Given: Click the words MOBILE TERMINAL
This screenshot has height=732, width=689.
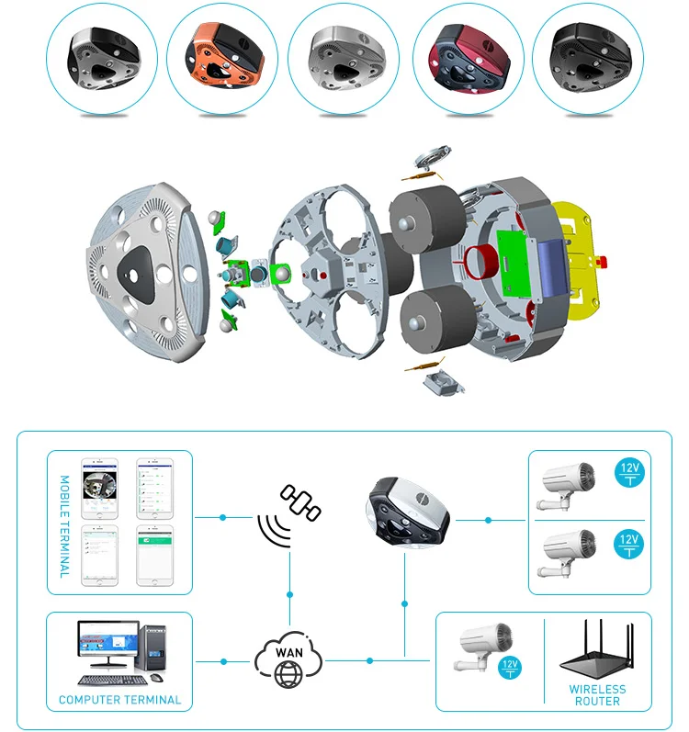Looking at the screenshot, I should pyautogui.click(x=64, y=526).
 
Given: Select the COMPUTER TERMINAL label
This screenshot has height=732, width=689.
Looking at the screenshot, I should pyautogui.click(x=119, y=700).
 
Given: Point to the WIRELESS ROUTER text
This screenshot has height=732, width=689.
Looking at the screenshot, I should pyautogui.click(x=597, y=695).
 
